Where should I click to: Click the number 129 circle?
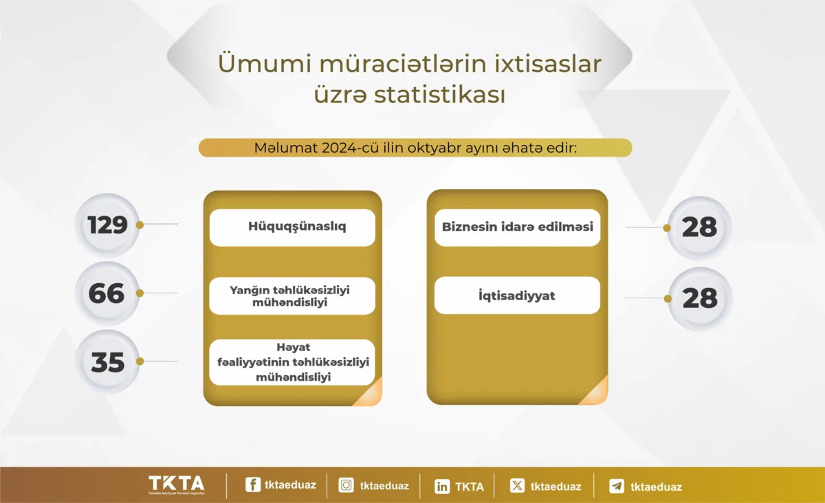click(107, 225)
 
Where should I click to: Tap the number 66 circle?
click(107, 293)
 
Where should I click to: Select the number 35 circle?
click(107, 361)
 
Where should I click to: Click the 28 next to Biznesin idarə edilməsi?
click(699, 228)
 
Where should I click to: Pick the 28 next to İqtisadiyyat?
click(700, 299)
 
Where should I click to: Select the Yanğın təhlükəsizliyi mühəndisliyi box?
click(292, 295)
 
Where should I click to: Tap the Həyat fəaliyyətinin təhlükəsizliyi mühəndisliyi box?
click(292, 362)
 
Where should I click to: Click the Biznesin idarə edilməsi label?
click(518, 227)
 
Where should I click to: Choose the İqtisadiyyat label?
click(517, 295)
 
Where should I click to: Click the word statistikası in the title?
click(440, 95)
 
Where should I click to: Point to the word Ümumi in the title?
click(265, 64)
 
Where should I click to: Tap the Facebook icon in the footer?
click(253, 484)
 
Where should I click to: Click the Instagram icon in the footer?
click(346, 485)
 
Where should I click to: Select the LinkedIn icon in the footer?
click(442, 487)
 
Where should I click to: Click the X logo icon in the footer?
click(517, 486)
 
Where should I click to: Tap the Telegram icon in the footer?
click(617, 486)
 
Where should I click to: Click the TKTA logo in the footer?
click(177, 485)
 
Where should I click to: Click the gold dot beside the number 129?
click(140, 225)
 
